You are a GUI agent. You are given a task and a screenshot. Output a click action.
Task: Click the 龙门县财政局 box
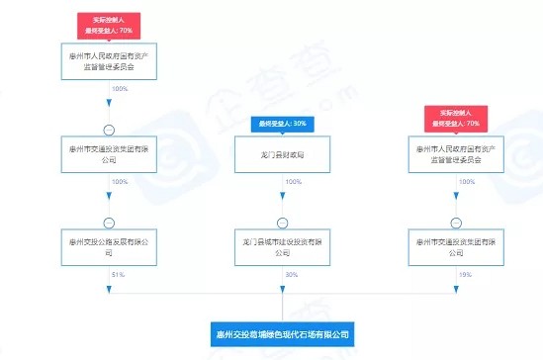coord(282,153)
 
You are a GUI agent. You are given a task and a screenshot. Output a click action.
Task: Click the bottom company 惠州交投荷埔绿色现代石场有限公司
coord(283,333)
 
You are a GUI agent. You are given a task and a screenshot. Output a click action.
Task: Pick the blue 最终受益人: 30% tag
coord(281,124)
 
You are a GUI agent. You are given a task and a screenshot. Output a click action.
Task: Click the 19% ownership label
coord(466,274)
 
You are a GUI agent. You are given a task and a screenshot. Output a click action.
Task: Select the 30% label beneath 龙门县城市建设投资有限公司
coord(292,274)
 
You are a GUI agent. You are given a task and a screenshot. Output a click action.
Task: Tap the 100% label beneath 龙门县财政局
coord(293,183)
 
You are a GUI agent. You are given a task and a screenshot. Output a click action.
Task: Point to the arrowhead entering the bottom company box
coord(282,315)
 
